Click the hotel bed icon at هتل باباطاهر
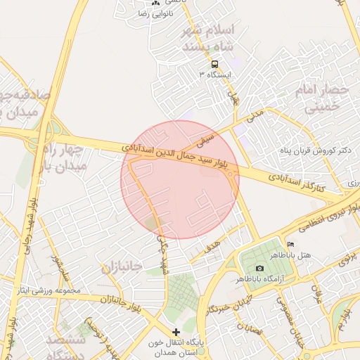point(291,244)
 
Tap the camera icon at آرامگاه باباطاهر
point(260,269)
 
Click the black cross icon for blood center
point(176,331)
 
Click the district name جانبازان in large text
point(122,267)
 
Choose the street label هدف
point(212,247)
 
